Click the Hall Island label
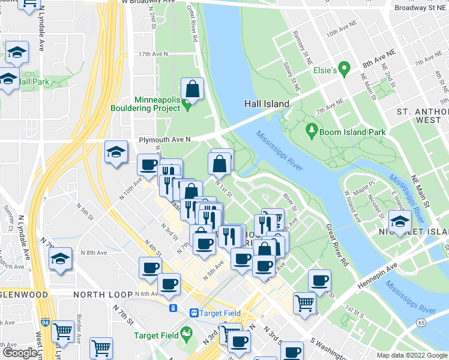[x=267, y=104]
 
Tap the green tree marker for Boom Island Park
[x=312, y=129]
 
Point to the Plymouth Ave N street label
[x=164, y=139]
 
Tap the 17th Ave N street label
[x=153, y=54]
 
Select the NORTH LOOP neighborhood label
[x=101, y=295]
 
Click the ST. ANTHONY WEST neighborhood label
[x=423, y=116]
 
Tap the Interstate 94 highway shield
[x=46, y=322]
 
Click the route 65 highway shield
[x=423, y=323]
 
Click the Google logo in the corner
[x=19, y=353]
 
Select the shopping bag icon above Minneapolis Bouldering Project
[x=193, y=89]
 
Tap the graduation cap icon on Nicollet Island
[x=399, y=221]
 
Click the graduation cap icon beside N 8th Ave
[x=60, y=260]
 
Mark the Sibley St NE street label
[x=293, y=71]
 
